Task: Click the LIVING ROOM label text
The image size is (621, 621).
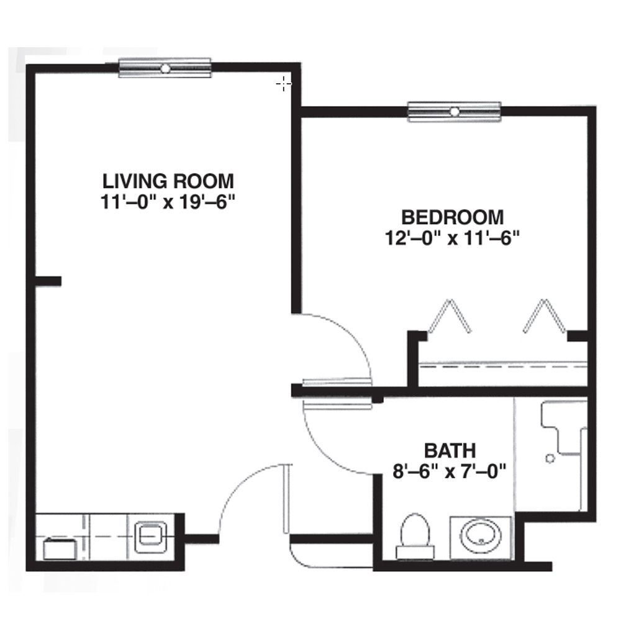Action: [x=168, y=181]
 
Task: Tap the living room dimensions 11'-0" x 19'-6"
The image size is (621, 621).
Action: [x=168, y=202]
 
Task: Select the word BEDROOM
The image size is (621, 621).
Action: [x=452, y=217]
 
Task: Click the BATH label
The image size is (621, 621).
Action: [x=450, y=450]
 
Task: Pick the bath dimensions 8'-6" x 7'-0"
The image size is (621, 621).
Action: [x=450, y=469]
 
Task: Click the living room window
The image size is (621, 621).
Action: [x=165, y=68]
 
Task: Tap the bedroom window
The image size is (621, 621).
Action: [x=454, y=112]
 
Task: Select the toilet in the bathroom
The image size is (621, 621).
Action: [x=415, y=535]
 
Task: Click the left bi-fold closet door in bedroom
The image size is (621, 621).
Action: [x=449, y=316]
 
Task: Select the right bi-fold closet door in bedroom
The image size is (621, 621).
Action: [x=546, y=316]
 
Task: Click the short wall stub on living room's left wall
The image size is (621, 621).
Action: [x=48, y=281]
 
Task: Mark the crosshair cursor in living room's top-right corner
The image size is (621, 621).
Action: [x=283, y=83]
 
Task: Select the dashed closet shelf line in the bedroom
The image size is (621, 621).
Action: [x=503, y=366]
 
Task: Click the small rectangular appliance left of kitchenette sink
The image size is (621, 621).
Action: [x=60, y=549]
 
